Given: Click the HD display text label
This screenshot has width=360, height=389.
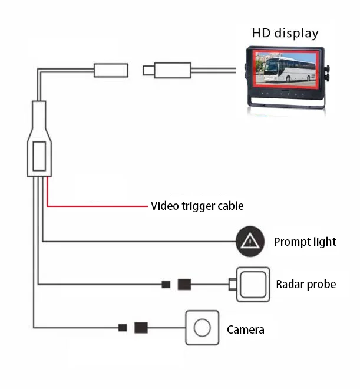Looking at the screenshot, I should tap(285, 33).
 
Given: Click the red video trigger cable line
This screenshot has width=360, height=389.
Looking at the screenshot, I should tap(94, 206).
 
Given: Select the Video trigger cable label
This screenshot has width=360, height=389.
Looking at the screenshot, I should tap(197, 206).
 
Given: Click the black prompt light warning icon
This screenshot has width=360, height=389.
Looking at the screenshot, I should tap(251, 241).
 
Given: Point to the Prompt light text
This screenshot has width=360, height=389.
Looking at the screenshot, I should tap(305, 242).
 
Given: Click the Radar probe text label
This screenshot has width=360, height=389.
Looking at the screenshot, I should tap(306, 285).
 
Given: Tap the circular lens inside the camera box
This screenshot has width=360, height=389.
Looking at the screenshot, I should tap(202, 328).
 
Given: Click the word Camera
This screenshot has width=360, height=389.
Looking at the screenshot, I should tap(245, 329).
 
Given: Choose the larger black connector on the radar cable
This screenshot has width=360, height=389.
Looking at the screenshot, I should tap(184, 285).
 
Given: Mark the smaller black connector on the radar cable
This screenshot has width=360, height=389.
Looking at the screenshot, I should tap(166, 285).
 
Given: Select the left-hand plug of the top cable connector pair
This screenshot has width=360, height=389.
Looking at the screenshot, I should tap(111, 70).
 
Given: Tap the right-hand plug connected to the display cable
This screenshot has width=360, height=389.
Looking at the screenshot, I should tap(171, 70).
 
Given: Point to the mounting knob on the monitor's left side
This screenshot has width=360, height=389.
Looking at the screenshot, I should tap(245, 73).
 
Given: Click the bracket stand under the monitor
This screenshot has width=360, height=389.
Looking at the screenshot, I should tap(285, 107).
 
